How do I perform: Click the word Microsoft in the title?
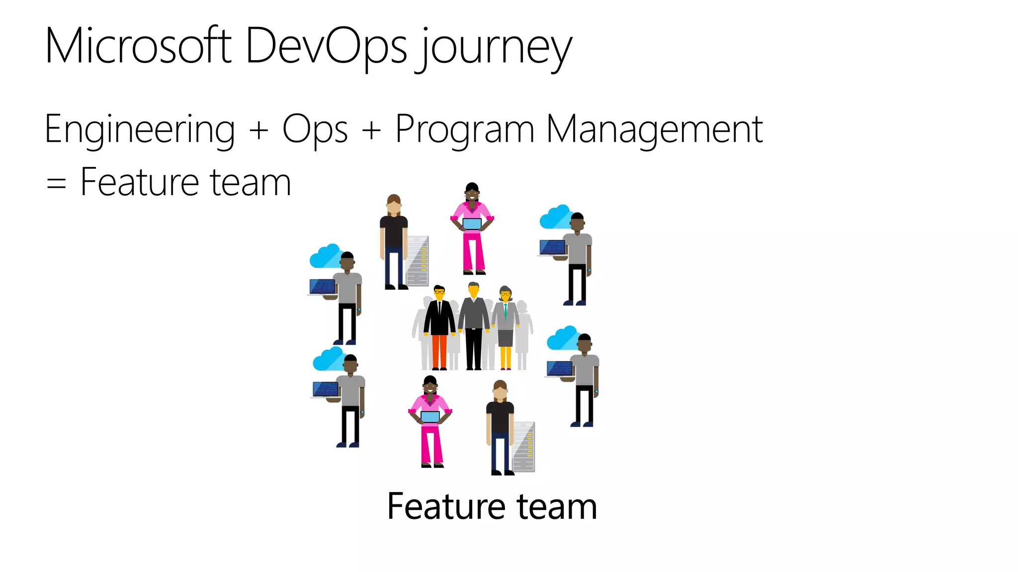pyautogui.click(x=138, y=46)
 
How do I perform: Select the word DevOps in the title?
pyautogui.click(x=326, y=46)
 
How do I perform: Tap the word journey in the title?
pyautogui.click(x=495, y=49)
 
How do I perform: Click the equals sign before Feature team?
pyautogui.click(x=56, y=183)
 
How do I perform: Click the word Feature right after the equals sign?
pyautogui.click(x=140, y=182)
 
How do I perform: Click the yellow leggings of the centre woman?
pyautogui.click(x=506, y=357)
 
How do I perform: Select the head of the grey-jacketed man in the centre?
pyautogui.click(x=474, y=290)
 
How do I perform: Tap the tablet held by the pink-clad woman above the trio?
pyautogui.click(x=472, y=224)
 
